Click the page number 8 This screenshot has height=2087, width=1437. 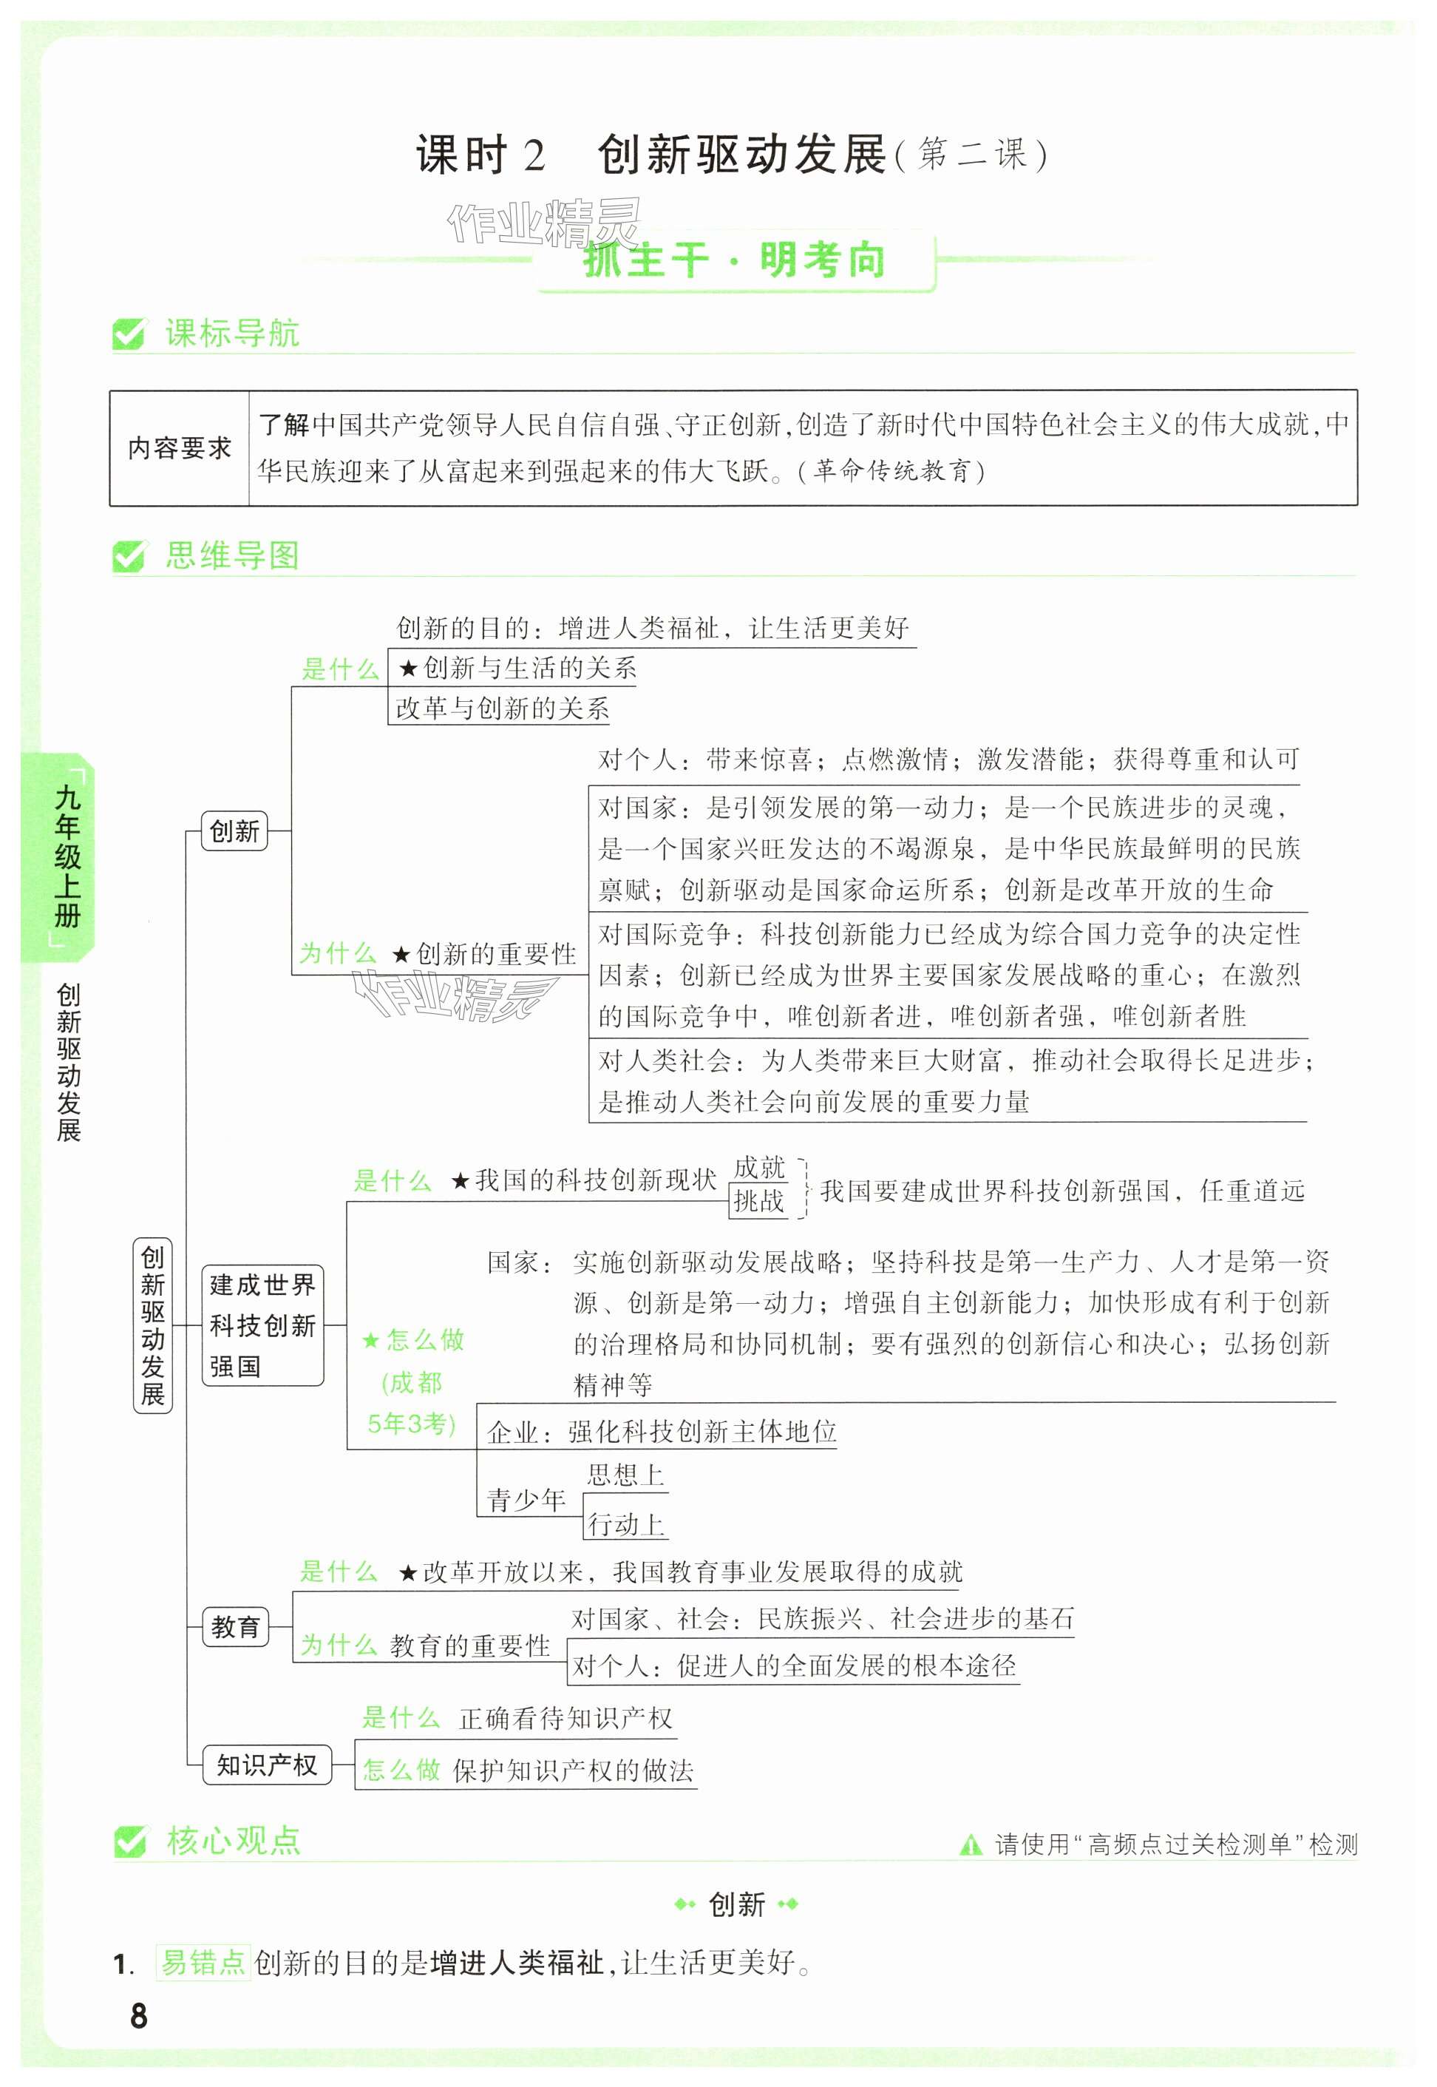(139, 2016)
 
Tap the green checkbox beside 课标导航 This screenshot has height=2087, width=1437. (128, 334)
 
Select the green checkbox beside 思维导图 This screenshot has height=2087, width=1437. (128, 557)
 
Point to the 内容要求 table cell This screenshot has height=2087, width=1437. (179, 447)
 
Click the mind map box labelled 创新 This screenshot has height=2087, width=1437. (234, 831)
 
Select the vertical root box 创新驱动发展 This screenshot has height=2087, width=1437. (152, 1325)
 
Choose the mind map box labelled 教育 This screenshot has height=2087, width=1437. (235, 1627)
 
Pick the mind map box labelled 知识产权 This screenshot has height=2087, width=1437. (267, 1765)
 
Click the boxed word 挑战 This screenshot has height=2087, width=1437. (758, 1201)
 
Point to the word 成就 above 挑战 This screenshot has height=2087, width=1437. (759, 1167)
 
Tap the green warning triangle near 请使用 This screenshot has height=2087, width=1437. (971, 1846)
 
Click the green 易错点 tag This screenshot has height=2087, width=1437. (203, 1962)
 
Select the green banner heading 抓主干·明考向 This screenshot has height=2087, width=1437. (735, 261)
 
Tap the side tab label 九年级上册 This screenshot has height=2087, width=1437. (67, 856)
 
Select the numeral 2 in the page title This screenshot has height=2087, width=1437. (534, 157)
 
